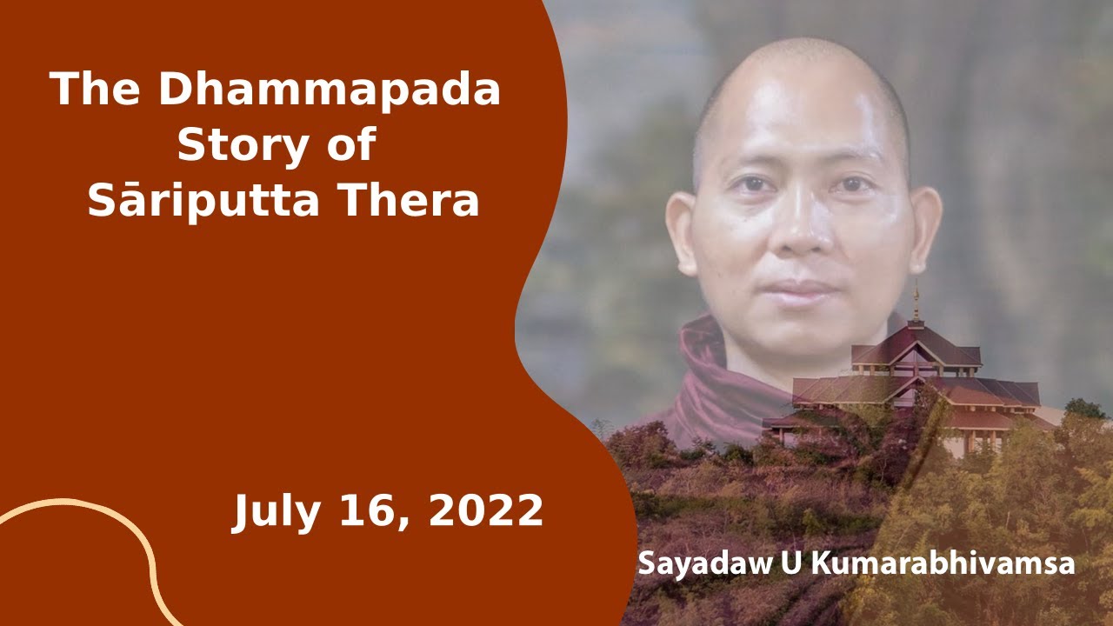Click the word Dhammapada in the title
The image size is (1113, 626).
(330, 90)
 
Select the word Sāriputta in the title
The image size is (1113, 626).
(203, 199)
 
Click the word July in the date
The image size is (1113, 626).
(277, 512)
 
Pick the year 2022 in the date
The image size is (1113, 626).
(485, 510)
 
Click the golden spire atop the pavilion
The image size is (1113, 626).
(916, 301)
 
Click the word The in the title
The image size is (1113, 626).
(95, 90)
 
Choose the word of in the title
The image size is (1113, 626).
(350, 145)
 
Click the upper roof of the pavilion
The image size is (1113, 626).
(916, 348)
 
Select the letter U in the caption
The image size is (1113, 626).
(790, 563)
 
